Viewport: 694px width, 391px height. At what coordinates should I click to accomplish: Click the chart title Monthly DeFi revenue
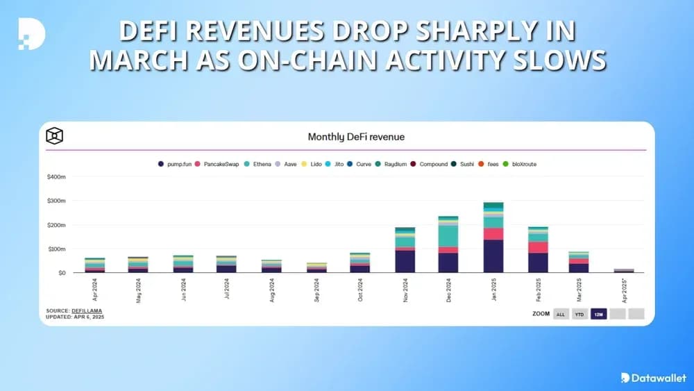356,137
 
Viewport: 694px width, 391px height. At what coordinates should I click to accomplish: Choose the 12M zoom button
599,314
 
